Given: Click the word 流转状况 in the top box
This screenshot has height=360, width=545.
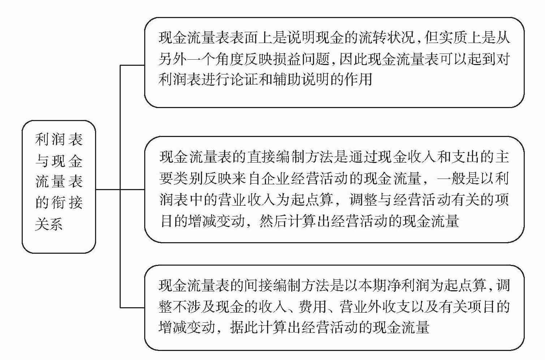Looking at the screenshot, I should coord(387,38).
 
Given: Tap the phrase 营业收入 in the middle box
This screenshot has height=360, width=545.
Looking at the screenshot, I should coord(246,200).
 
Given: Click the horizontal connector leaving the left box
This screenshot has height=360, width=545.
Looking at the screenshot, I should coord(108,189).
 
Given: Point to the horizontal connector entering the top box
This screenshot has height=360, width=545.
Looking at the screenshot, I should coord(132,65).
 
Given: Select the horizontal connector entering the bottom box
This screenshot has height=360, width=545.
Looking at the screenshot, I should coord(132,308).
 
